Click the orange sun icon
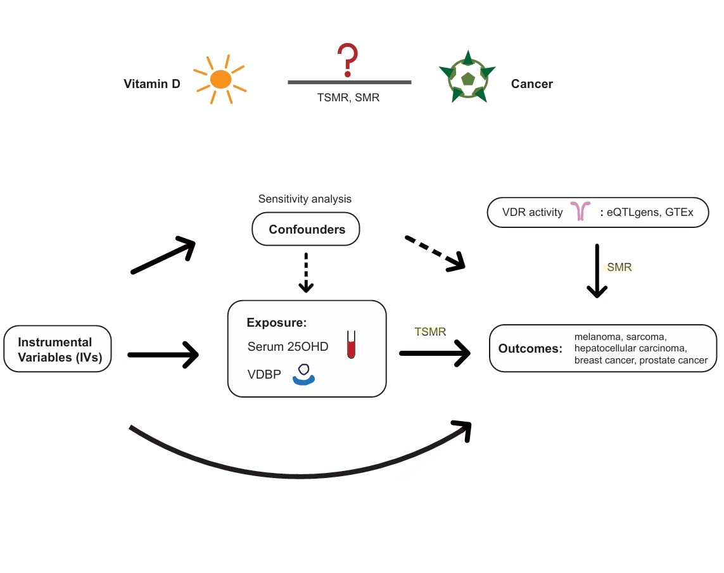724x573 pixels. pos(220,79)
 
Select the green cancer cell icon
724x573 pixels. pos(467,77)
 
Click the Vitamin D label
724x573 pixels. pos(152,84)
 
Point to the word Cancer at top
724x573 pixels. pos(532,84)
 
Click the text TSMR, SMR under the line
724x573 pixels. pos(348,98)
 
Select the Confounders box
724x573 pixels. pos(307,229)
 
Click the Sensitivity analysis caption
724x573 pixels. pos(305,199)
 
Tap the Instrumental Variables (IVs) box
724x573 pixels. pos(58,349)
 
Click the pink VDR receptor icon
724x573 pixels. pos(580,212)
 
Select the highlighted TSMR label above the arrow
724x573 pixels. pos(430,331)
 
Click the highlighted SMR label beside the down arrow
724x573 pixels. pos(619,267)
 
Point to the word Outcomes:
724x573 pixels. pos(530,349)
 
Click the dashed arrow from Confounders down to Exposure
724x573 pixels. pos(307,272)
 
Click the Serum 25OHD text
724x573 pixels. pos(288,346)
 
